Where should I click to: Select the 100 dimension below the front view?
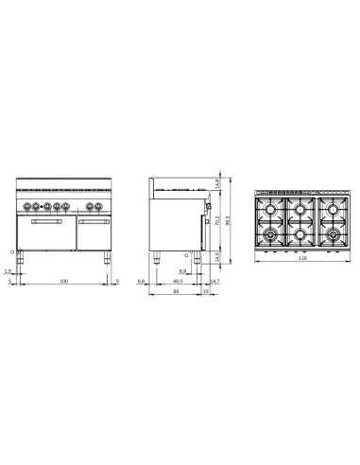(64, 281)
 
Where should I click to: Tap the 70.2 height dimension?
(217, 224)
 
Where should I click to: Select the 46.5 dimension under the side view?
(179, 281)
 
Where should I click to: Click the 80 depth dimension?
(176, 291)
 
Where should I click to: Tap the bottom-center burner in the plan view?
(301, 233)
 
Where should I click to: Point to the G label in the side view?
(186, 255)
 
